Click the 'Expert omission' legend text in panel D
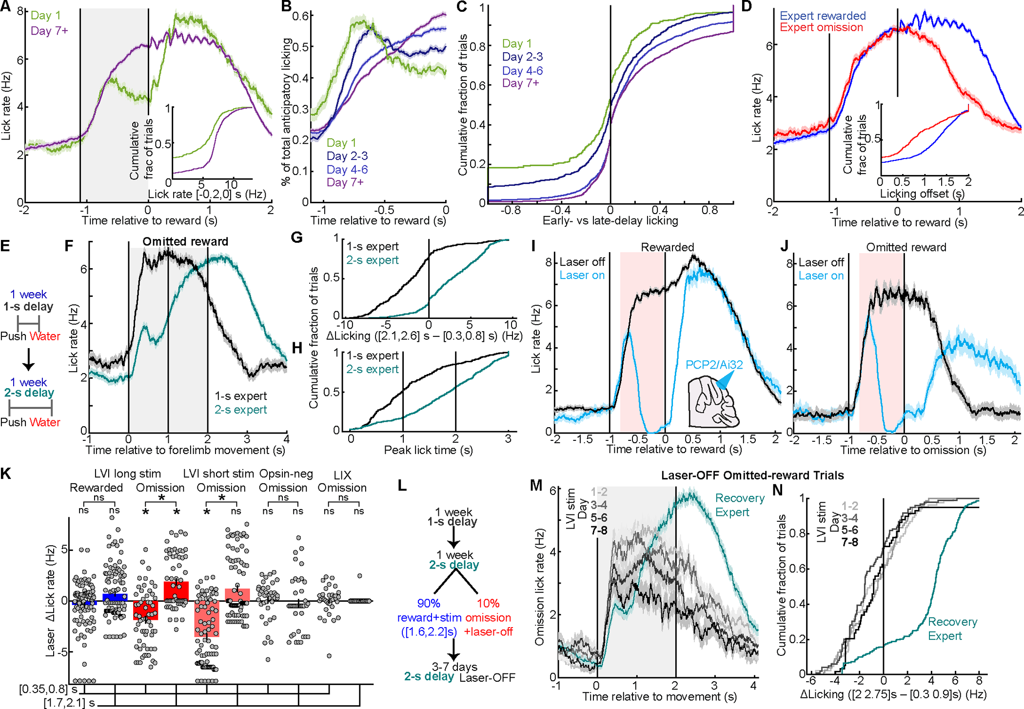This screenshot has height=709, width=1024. point(822,27)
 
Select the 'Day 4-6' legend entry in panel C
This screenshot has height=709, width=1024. point(522,71)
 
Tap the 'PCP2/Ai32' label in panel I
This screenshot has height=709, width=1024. point(714,365)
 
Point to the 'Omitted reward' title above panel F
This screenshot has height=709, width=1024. point(185,241)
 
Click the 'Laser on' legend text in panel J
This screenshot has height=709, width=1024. point(821,276)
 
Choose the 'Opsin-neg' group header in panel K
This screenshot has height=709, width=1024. point(286,473)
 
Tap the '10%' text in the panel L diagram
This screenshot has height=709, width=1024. point(488,603)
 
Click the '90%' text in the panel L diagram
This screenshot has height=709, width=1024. point(429,603)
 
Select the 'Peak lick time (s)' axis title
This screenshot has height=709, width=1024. point(428,450)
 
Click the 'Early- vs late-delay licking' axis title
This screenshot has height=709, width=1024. point(610,221)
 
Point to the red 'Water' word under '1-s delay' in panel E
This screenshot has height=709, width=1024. point(45,336)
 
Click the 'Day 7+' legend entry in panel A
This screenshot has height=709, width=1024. point(49,31)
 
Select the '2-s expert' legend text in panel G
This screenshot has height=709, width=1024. point(373,260)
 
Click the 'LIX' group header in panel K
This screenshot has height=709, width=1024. point(342,474)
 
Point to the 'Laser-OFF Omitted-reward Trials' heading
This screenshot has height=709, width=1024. point(752,475)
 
